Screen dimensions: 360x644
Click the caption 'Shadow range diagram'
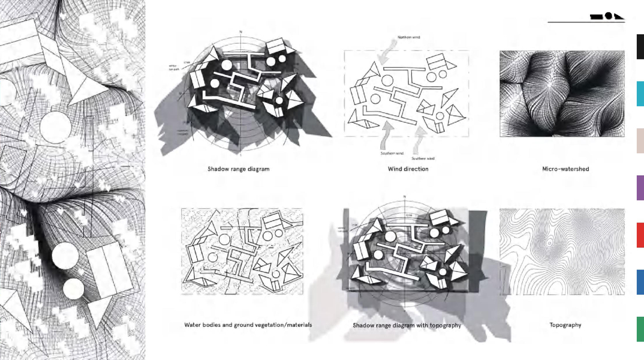click(239, 169)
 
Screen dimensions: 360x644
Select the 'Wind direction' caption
click(408, 169)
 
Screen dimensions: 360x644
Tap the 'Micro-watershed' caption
click(565, 169)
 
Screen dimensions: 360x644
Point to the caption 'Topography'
click(565, 325)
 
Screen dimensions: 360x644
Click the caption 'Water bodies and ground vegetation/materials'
click(248, 325)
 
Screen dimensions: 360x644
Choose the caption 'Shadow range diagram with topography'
click(407, 325)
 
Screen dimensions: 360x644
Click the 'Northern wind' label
click(409, 37)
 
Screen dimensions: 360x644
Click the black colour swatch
click(640, 47)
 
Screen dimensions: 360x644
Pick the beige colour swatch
click(640, 141)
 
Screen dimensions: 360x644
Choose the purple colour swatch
click(640, 188)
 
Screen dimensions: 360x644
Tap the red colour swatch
click(640, 235)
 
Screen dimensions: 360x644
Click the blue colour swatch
click(640, 282)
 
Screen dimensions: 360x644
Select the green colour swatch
click(640, 329)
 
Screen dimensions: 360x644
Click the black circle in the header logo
click(608, 16)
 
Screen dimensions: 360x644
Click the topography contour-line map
click(562, 252)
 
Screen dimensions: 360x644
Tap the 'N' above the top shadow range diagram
click(240, 31)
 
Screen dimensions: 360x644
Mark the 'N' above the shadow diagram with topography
click(405, 197)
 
